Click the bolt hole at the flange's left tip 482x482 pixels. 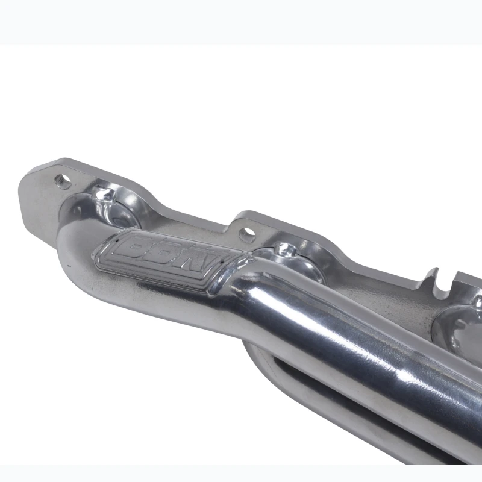click(x=63, y=181)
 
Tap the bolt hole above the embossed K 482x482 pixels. click(x=247, y=234)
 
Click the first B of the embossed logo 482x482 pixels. click(x=140, y=245)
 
